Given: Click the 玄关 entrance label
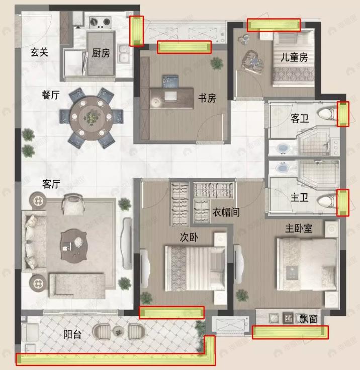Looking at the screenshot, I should (x=39, y=52).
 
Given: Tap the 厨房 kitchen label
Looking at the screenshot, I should (x=101, y=53).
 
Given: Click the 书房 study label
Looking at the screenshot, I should (x=207, y=98).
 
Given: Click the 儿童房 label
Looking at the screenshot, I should (x=294, y=58).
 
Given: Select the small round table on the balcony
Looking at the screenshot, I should (x=119, y=331).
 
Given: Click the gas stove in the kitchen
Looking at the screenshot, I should (x=100, y=22).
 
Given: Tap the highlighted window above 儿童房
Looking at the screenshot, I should (x=274, y=25).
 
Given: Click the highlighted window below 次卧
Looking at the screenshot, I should (x=171, y=313).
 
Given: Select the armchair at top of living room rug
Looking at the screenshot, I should (x=74, y=205).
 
